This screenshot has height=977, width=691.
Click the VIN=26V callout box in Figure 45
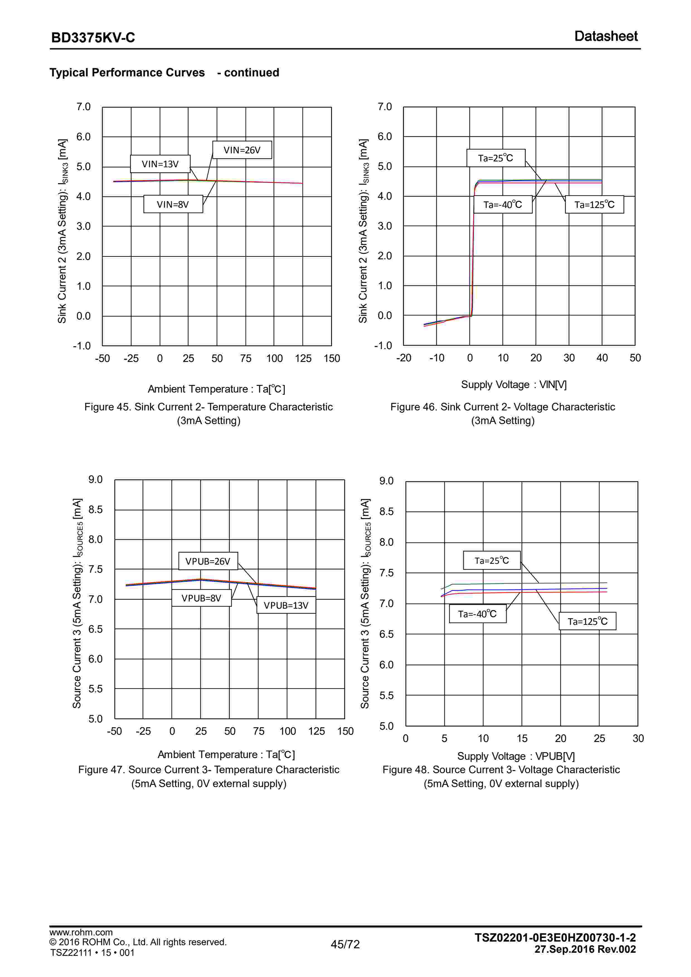pos(242,150)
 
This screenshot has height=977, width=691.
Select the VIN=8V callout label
pos(173,204)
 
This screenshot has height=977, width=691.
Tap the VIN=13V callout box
pos(160,164)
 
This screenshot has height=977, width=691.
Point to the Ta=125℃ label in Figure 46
pos(594,205)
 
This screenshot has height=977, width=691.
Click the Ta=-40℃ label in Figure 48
pos(477,614)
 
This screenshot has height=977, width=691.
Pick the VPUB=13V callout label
pos(286,605)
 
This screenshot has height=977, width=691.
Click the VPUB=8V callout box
pos(201,598)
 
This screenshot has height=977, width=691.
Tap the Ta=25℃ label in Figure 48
pos(491,560)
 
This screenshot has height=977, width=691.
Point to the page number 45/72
pos(345,944)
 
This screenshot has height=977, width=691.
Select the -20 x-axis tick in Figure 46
pos(403,358)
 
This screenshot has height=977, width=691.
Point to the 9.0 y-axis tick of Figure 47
pos(95,480)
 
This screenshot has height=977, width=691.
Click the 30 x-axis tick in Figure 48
pos(638,738)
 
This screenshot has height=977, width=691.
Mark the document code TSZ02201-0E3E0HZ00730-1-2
pos(555,937)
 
